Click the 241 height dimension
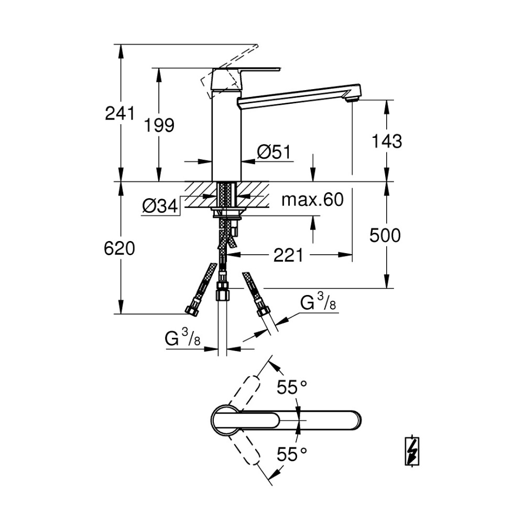pos(120,113)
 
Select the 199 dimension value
pos(160,125)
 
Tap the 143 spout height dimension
pos(386,140)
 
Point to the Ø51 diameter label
pos(273,152)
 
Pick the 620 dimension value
pos(120,248)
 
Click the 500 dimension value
pos(385,235)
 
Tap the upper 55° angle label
pos(292,388)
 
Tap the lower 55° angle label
pos(292,454)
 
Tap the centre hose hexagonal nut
pos(223,289)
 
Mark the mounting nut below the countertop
pos(227,212)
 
